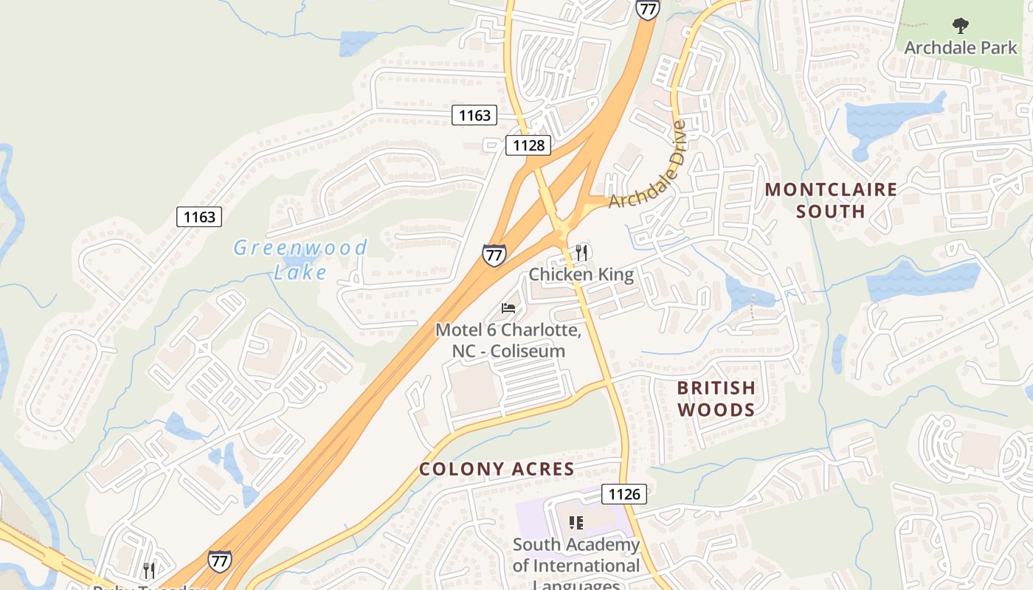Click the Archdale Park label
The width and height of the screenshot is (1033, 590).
(x=961, y=48)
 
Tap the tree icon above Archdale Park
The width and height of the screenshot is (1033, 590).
(x=960, y=27)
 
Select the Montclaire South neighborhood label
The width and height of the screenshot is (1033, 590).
(x=831, y=201)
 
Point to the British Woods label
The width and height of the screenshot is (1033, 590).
(x=716, y=398)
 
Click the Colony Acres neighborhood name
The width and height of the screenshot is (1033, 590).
(x=497, y=469)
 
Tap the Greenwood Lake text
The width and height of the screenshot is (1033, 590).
(x=300, y=260)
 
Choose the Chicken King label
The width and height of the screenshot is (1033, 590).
(x=581, y=275)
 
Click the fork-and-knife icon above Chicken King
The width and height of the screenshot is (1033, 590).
(x=581, y=253)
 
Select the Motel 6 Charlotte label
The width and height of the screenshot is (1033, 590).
(x=508, y=340)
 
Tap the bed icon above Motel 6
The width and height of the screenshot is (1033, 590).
(x=508, y=308)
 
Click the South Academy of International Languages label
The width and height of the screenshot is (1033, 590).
(x=576, y=566)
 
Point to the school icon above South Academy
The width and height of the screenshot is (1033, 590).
(x=576, y=523)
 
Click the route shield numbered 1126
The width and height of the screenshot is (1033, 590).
(x=623, y=493)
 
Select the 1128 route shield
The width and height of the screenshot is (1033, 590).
(x=529, y=145)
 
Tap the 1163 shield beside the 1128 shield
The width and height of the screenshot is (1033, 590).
(x=474, y=115)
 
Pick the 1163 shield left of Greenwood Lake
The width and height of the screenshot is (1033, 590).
(x=199, y=217)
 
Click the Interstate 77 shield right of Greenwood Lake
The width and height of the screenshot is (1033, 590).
(x=494, y=255)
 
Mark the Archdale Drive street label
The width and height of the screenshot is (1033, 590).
(x=649, y=166)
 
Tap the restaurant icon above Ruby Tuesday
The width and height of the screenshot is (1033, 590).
(x=149, y=570)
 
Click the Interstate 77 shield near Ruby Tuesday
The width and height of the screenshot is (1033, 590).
(x=219, y=560)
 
